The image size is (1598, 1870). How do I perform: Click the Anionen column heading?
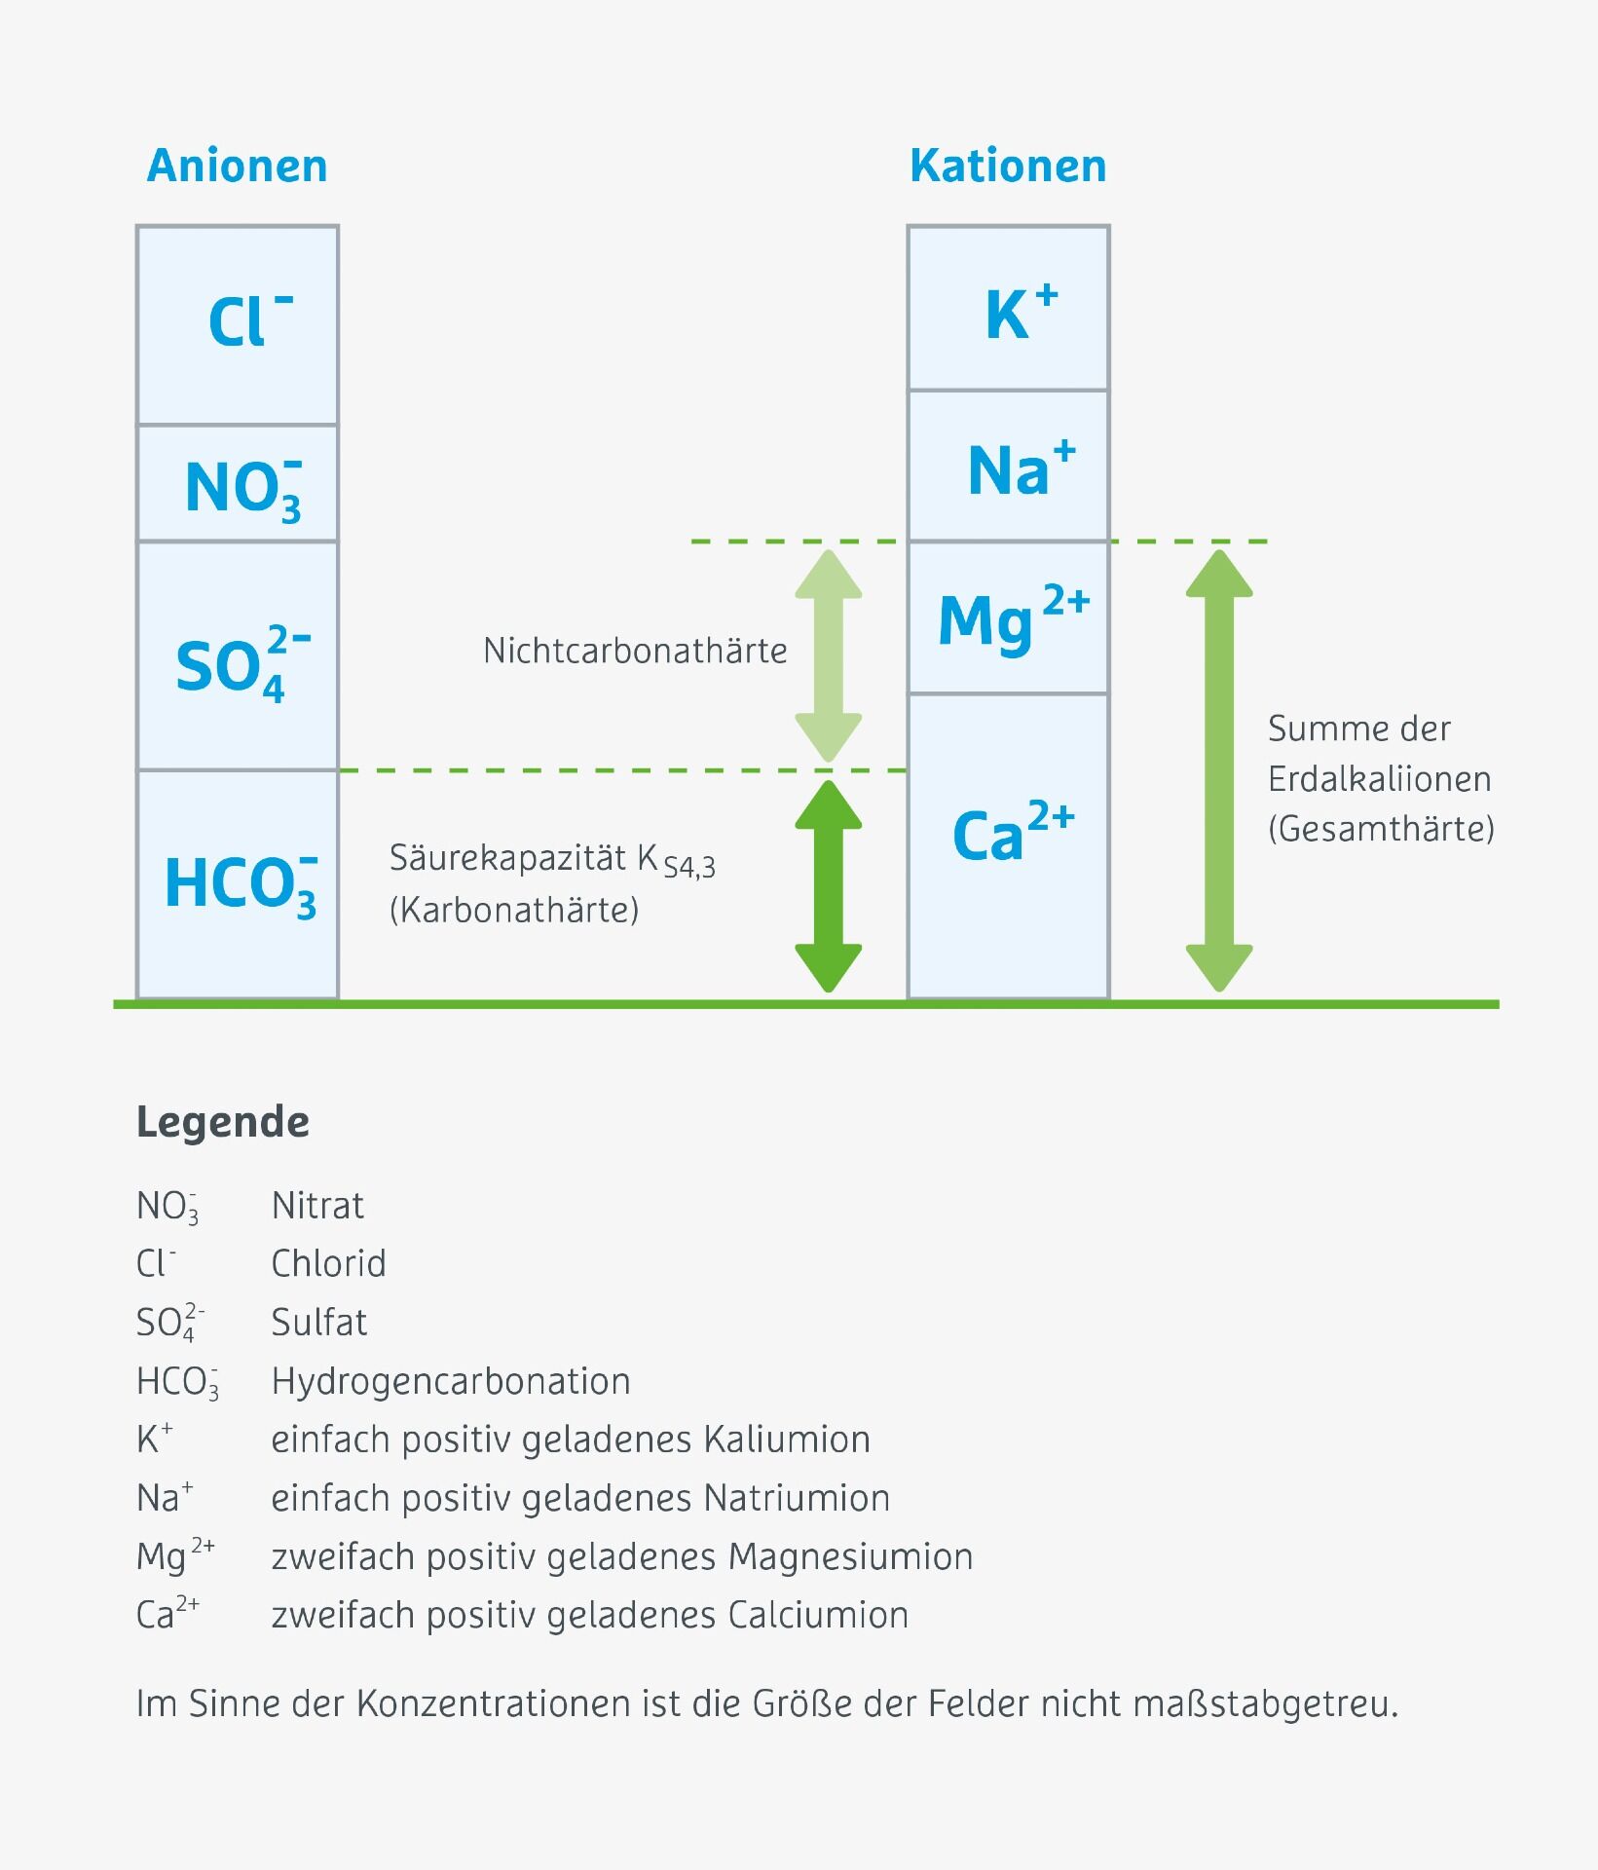pos(237,167)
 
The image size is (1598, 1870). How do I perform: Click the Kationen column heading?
pos(1008,167)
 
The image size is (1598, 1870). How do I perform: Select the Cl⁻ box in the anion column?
pos(238,324)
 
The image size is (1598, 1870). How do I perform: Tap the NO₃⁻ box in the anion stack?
pos(238,484)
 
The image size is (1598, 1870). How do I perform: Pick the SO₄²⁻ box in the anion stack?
pos(238,656)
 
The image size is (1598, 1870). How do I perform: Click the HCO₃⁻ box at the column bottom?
pos(238,884)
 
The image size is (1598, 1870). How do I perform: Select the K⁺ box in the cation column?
pos(1008,309)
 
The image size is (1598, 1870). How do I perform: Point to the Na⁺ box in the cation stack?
pos(1008,467)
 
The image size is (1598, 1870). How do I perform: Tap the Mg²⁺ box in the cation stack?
pos(1008,617)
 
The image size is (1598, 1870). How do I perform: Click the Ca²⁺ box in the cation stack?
pos(1008,845)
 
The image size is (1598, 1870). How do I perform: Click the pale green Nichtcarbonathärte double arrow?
pos(829,655)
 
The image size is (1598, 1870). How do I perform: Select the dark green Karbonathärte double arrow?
pos(829,885)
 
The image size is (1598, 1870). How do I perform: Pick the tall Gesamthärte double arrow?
pos(1218,770)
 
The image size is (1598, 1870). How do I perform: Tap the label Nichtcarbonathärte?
pos(635,651)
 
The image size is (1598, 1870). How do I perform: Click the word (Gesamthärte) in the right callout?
pos(1381,829)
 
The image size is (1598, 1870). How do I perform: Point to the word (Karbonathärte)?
pos(514,910)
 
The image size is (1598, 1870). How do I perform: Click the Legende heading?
pos(223,1122)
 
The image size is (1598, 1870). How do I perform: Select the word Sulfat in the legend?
pos(318,1323)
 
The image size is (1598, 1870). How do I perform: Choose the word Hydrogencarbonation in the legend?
pos(451,1381)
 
